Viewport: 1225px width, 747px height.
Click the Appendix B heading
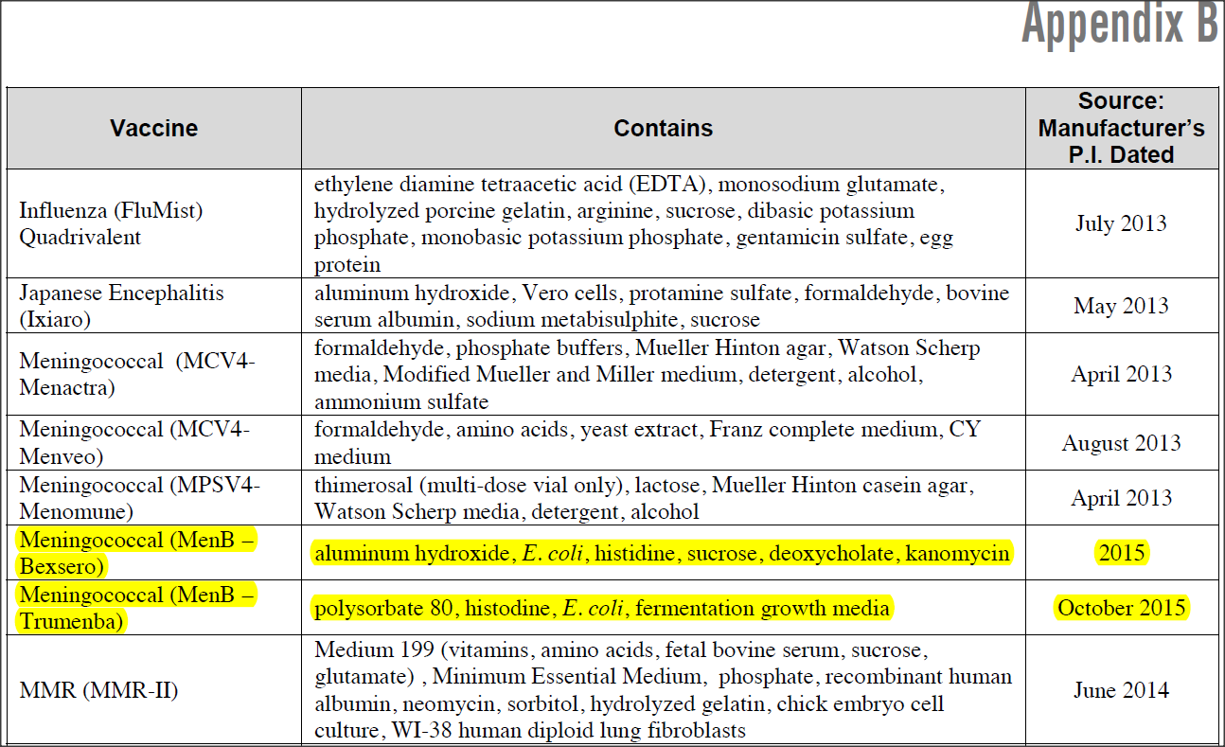1119,25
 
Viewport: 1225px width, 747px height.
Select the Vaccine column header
153,129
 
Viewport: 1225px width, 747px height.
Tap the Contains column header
663,129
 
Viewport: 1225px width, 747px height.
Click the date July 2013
1121,223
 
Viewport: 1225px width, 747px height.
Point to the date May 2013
1121,306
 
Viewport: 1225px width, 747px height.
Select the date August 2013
1121,443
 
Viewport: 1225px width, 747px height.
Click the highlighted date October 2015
1121,608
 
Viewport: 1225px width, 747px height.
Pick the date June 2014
1121,690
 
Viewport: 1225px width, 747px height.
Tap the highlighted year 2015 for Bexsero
1121,553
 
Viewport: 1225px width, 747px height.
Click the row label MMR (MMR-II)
98,690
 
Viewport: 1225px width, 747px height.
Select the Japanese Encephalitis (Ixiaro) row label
121,306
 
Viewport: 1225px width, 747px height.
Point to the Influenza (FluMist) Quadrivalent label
111,223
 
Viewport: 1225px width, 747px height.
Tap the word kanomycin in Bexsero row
957,553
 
